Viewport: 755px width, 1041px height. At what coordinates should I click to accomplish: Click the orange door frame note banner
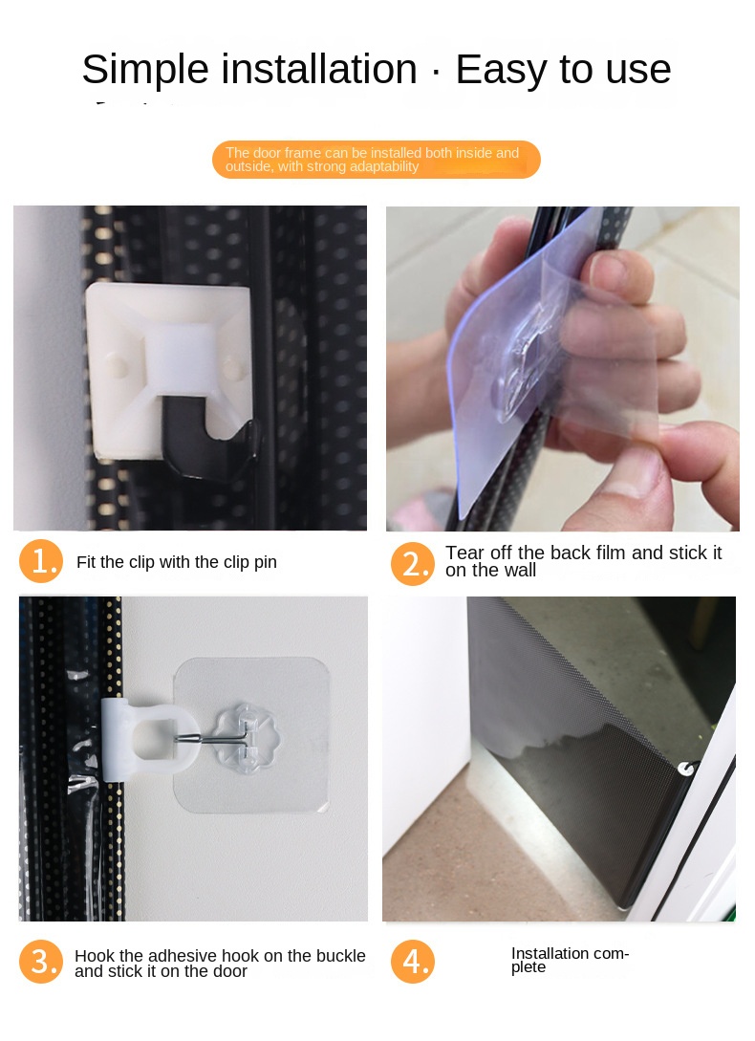pyautogui.click(x=376, y=160)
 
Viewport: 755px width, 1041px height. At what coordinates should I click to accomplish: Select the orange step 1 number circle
pyautogui.click(x=41, y=562)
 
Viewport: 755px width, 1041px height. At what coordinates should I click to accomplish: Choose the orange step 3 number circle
pyautogui.click(x=41, y=962)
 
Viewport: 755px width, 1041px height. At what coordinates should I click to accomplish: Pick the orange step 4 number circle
pyautogui.click(x=413, y=962)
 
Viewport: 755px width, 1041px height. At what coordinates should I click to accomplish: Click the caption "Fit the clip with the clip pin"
pyautogui.click(x=177, y=562)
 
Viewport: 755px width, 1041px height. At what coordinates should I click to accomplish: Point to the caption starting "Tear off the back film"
pyautogui.click(x=583, y=561)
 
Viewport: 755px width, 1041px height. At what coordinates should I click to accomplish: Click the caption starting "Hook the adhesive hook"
pyautogui.click(x=220, y=964)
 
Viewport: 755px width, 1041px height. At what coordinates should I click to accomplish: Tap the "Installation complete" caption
pyautogui.click(x=570, y=960)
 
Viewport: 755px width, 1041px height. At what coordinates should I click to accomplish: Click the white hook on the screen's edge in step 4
pyautogui.click(x=685, y=769)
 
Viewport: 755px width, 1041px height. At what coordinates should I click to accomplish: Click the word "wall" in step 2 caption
pyautogui.click(x=517, y=571)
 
